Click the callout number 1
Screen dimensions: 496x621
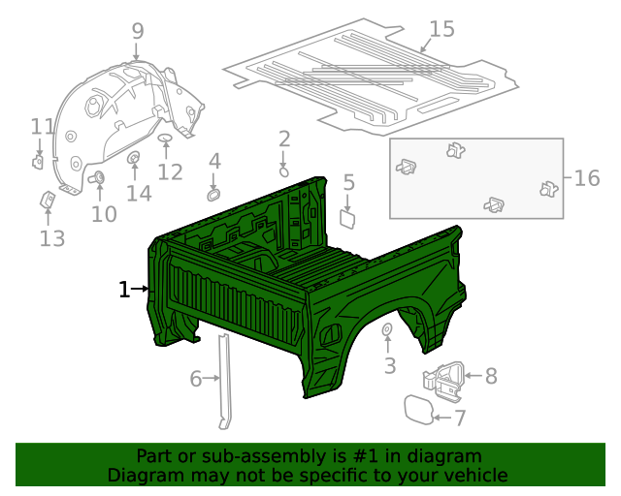click(124, 289)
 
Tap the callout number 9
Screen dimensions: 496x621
click(137, 30)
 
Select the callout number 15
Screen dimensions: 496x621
click(441, 29)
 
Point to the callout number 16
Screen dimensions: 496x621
click(587, 178)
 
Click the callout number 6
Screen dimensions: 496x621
click(196, 379)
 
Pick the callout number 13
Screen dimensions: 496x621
click(51, 237)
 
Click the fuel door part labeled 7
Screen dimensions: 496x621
click(418, 409)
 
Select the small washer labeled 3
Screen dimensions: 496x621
click(386, 331)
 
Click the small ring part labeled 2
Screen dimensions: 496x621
click(283, 170)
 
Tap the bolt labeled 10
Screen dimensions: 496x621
click(97, 178)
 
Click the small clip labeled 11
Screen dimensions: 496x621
click(39, 161)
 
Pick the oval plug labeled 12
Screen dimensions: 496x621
click(166, 140)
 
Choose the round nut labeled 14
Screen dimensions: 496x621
click(134, 158)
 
